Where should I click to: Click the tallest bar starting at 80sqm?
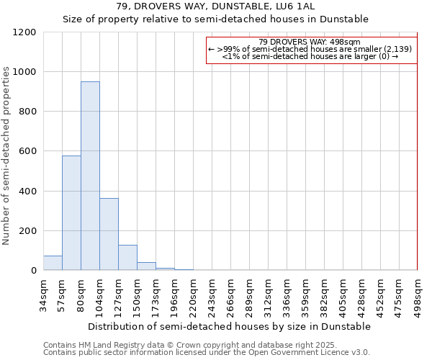click(x=90, y=176)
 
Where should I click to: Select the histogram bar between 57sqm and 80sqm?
click(x=71, y=213)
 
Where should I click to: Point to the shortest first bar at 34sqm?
click(x=53, y=263)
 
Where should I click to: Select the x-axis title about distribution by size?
click(x=230, y=326)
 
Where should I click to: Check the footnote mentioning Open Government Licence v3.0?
click(x=207, y=352)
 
